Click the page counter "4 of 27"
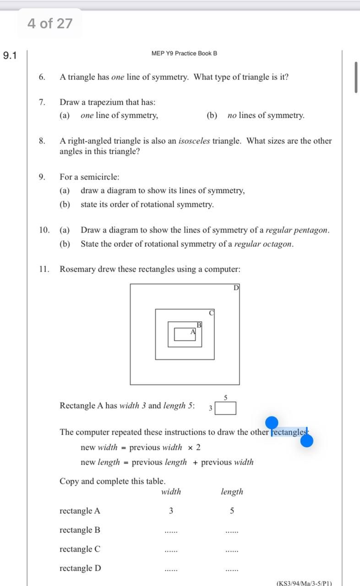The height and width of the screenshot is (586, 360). pyautogui.click(x=50, y=23)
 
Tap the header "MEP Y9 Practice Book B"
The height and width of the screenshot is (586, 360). pyautogui.click(x=184, y=54)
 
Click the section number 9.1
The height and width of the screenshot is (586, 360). pyautogui.click(x=10, y=56)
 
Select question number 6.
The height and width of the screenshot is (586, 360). pyautogui.click(x=42, y=77)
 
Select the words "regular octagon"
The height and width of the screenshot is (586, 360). pyautogui.click(x=263, y=244)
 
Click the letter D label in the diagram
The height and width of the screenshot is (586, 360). pyautogui.click(x=236, y=288)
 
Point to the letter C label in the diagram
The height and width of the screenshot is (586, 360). pyautogui.click(x=211, y=313)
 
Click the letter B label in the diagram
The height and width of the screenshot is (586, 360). pyautogui.click(x=199, y=325)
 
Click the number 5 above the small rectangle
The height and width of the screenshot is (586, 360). pyautogui.click(x=226, y=397)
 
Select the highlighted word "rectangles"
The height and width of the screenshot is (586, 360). pyautogui.click(x=289, y=432)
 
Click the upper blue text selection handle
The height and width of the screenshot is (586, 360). pyautogui.click(x=272, y=423)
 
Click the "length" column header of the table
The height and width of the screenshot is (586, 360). pyautogui.click(x=232, y=492)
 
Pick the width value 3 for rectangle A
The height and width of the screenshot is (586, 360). pyautogui.click(x=171, y=511)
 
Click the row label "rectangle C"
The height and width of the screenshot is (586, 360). pyautogui.click(x=80, y=549)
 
